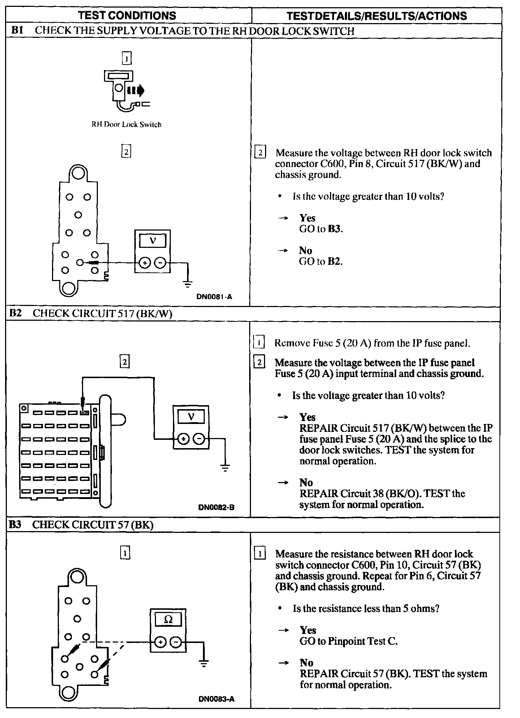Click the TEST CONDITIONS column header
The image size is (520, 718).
click(127, 16)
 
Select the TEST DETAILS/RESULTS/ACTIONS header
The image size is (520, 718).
click(376, 16)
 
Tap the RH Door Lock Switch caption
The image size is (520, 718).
click(126, 124)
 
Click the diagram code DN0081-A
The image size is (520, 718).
click(214, 297)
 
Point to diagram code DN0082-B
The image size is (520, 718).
click(216, 507)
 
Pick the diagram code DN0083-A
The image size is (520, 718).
click(216, 699)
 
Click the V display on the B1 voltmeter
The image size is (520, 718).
click(153, 241)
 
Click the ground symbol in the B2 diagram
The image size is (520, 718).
click(225, 468)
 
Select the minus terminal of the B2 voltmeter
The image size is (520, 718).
click(199, 439)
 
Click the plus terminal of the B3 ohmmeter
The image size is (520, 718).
click(160, 642)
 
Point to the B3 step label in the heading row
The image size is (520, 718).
click(15, 525)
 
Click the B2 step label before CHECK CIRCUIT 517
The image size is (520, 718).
click(15, 313)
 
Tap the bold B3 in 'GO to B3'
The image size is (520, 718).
click(334, 229)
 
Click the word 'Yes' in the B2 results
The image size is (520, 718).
click(307, 417)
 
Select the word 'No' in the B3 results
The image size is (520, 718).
click(306, 662)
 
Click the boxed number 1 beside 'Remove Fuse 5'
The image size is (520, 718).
click(259, 342)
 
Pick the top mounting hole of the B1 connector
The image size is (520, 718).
click(78, 174)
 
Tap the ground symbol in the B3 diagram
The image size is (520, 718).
click(204, 663)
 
